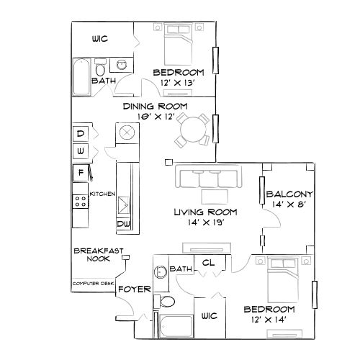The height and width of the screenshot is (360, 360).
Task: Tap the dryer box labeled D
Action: (x=81, y=134)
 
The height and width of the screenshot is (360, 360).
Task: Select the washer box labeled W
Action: (x=81, y=152)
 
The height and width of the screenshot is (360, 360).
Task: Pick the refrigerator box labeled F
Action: (x=81, y=173)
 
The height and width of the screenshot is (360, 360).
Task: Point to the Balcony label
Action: (x=289, y=194)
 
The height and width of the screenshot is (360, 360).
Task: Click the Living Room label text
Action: (x=201, y=212)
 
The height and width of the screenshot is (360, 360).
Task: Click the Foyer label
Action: (x=134, y=289)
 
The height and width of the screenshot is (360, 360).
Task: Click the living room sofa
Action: (x=207, y=178)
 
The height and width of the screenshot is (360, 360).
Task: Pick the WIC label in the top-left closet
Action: (x=99, y=39)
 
